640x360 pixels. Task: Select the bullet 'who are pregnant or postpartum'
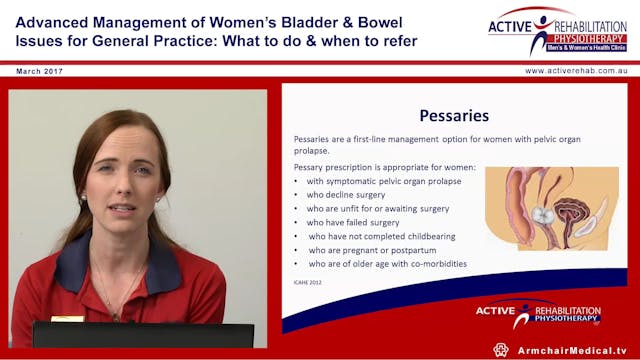372,250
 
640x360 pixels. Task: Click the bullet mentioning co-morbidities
386,264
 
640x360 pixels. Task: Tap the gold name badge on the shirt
67,318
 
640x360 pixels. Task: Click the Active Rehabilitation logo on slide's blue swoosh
541,314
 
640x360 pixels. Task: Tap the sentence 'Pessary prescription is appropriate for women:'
384,166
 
